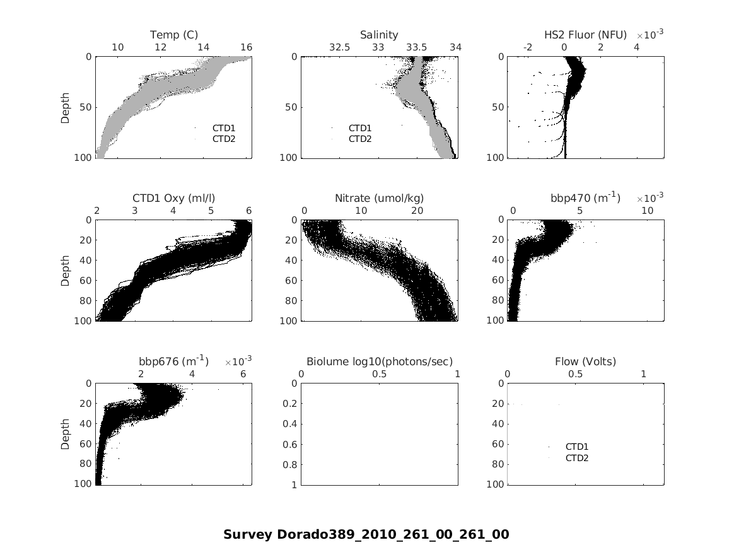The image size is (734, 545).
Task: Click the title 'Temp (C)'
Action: coord(174,35)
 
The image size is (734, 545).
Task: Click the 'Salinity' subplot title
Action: coord(379,35)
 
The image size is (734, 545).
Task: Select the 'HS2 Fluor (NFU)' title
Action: coord(585,35)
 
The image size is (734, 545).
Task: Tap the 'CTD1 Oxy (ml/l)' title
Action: coord(174,198)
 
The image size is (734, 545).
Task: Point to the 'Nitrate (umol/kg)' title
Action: coord(379,198)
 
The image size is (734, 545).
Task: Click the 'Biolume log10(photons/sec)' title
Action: coord(379,361)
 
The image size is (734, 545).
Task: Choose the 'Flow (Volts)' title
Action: coord(585,361)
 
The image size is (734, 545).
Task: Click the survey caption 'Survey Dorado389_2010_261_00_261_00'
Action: coord(366,534)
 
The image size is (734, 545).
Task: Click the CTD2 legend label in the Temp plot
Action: coord(224,139)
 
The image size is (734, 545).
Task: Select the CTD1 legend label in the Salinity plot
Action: coord(360,128)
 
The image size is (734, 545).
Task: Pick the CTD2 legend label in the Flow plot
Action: coord(577,458)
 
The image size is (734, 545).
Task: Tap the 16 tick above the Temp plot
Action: coord(247,47)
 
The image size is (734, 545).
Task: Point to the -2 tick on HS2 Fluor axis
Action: coord(528,47)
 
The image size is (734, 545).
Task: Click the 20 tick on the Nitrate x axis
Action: coord(417,210)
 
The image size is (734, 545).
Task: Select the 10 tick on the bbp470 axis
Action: coord(648,210)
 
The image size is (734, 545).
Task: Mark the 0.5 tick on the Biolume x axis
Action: coord(379,373)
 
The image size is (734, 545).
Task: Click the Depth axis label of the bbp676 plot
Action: coord(65,434)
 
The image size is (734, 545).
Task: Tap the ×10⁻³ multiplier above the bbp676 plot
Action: coord(239,361)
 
